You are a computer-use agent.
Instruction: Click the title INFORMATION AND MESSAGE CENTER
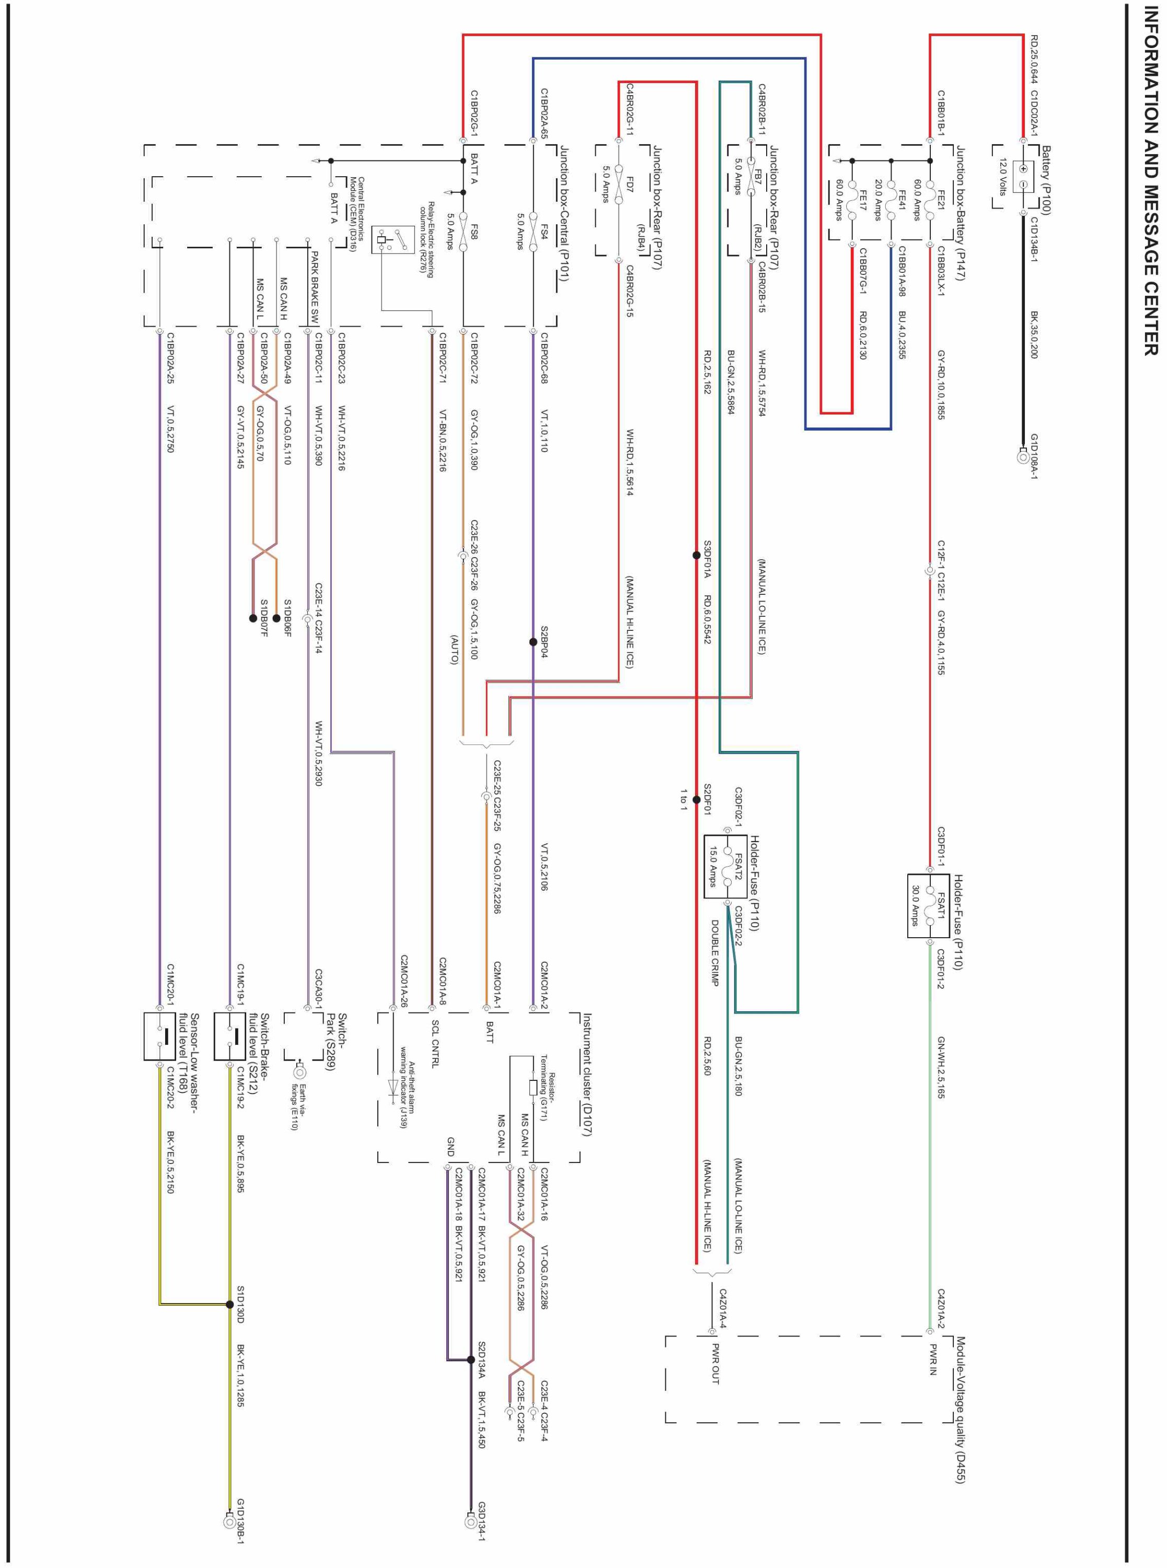point(1150,180)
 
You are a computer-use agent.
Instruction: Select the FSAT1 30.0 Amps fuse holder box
point(928,905)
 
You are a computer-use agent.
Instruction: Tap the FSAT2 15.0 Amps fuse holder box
point(725,867)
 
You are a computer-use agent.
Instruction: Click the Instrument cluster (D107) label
point(586,1074)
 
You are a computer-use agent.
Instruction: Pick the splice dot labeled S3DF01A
point(697,555)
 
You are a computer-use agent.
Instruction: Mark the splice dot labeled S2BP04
point(534,642)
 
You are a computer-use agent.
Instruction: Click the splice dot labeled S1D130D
point(229,1304)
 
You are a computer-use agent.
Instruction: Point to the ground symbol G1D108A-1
point(1022,456)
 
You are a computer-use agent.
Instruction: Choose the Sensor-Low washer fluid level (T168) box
point(159,1035)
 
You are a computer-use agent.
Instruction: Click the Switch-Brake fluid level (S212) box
point(229,1035)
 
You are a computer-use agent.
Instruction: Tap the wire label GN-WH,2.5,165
point(941,1067)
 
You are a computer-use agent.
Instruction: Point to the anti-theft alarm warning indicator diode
point(394,1086)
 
